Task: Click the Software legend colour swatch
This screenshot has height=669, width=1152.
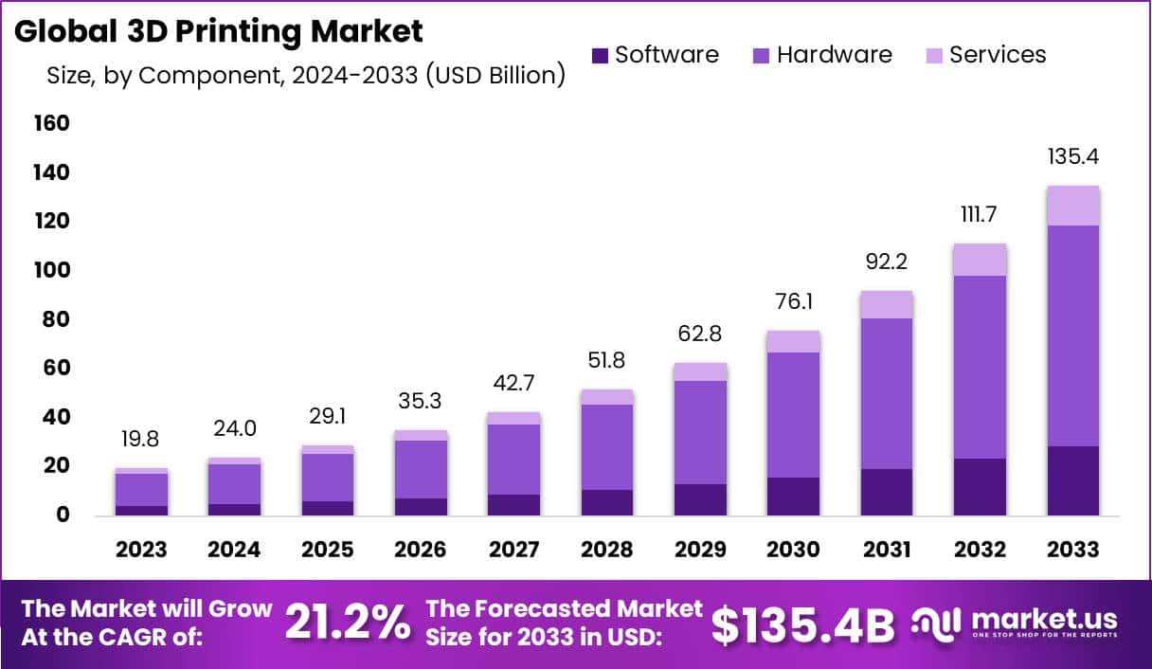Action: pyautogui.click(x=600, y=56)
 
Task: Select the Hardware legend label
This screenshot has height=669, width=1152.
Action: pyautogui.click(x=834, y=55)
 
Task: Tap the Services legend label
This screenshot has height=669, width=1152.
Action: pyautogui.click(x=997, y=55)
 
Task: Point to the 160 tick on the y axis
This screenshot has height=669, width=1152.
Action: pyautogui.click(x=51, y=123)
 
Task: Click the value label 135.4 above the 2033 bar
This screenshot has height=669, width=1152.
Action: pyautogui.click(x=1072, y=156)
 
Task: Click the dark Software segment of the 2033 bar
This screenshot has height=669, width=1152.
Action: pyautogui.click(x=1073, y=480)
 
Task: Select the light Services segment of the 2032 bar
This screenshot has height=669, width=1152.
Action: pyautogui.click(x=981, y=260)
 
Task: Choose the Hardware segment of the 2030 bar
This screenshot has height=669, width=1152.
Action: pyautogui.click(x=793, y=414)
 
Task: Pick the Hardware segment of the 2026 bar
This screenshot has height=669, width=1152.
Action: pyautogui.click(x=421, y=469)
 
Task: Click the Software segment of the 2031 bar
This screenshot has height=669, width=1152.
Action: pyautogui.click(x=886, y=492)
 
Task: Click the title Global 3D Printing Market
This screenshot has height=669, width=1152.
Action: pyautogui.click(x=218, y=31)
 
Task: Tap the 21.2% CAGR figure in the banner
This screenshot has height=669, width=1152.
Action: pyautogui.click(x=348, y=623)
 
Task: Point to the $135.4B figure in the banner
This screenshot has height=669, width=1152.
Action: pyautogui.click(x=802, y=624)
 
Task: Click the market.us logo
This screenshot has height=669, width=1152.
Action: pyautogui.click(x=1014, y=623)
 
